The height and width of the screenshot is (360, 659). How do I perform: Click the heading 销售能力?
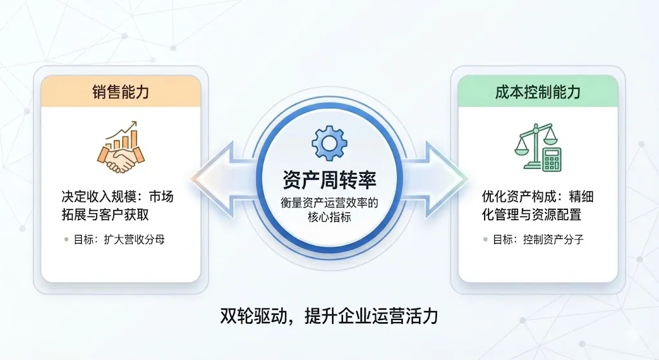(120, 91)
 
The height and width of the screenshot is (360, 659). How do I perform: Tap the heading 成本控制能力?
(537, 91)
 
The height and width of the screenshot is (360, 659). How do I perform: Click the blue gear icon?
(329, 143)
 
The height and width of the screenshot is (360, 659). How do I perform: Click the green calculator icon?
(552, 158)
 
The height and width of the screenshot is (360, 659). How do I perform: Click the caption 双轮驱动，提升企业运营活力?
(329, 317)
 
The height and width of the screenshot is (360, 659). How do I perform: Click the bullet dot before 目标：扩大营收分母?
(66, 240)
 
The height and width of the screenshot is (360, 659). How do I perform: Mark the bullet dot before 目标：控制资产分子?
(486, 240)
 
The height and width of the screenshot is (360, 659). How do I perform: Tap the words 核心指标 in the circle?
(329, 217)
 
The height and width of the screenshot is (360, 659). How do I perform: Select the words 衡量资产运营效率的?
(329, 202)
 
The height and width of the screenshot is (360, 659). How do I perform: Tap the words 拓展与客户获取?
(106, 214)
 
